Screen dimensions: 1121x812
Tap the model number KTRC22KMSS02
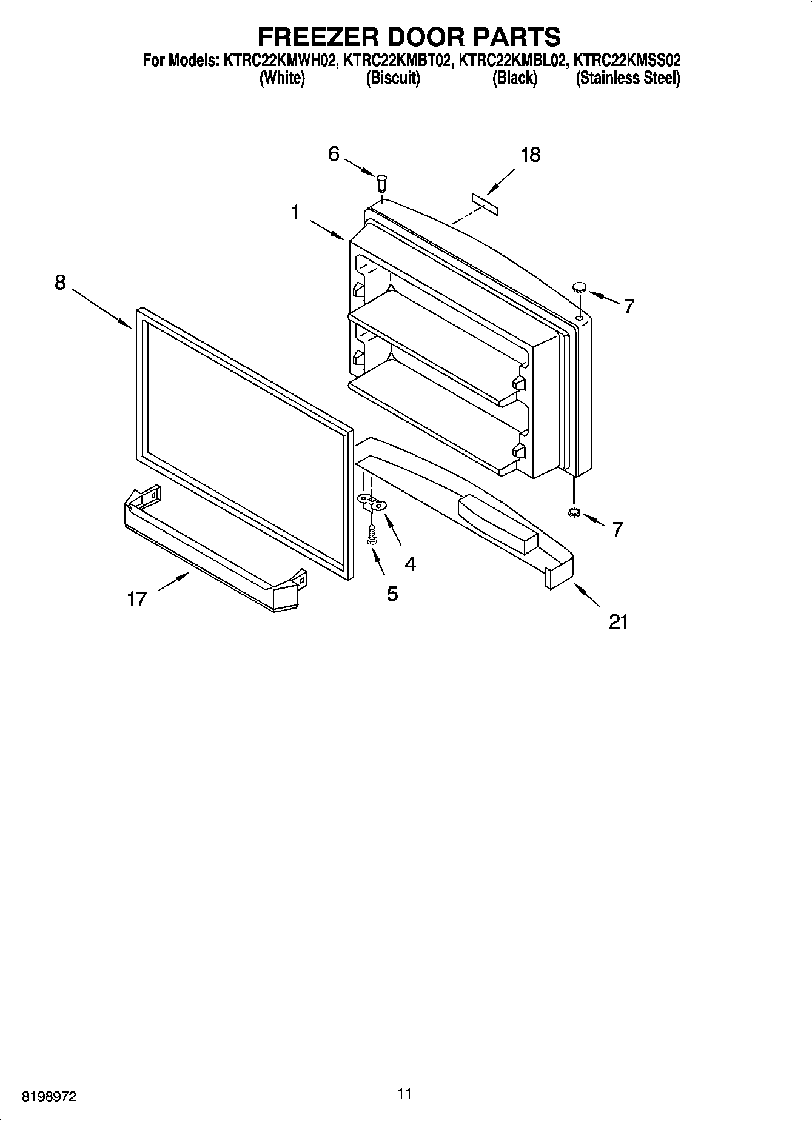pos(627,61)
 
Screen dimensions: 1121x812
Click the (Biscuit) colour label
pos(393,78)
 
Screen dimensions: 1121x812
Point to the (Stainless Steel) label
pos(628,78)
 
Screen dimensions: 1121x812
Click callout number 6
pos(334,154)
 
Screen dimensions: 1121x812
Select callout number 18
pos(530,155)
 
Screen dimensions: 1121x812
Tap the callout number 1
pos(295,213)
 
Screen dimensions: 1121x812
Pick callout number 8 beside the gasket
pos(60,283)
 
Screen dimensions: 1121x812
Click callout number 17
pos(137,599)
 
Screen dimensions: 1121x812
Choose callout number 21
pos(618,621)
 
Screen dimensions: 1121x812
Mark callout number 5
pos(392,594)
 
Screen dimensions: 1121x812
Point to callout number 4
pos(410,564)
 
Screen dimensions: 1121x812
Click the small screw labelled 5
pos(372,534)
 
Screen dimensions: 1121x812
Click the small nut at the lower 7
pos(572,514)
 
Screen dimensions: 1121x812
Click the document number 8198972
pos(49,1096)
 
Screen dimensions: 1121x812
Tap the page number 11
pos(404,1093)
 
